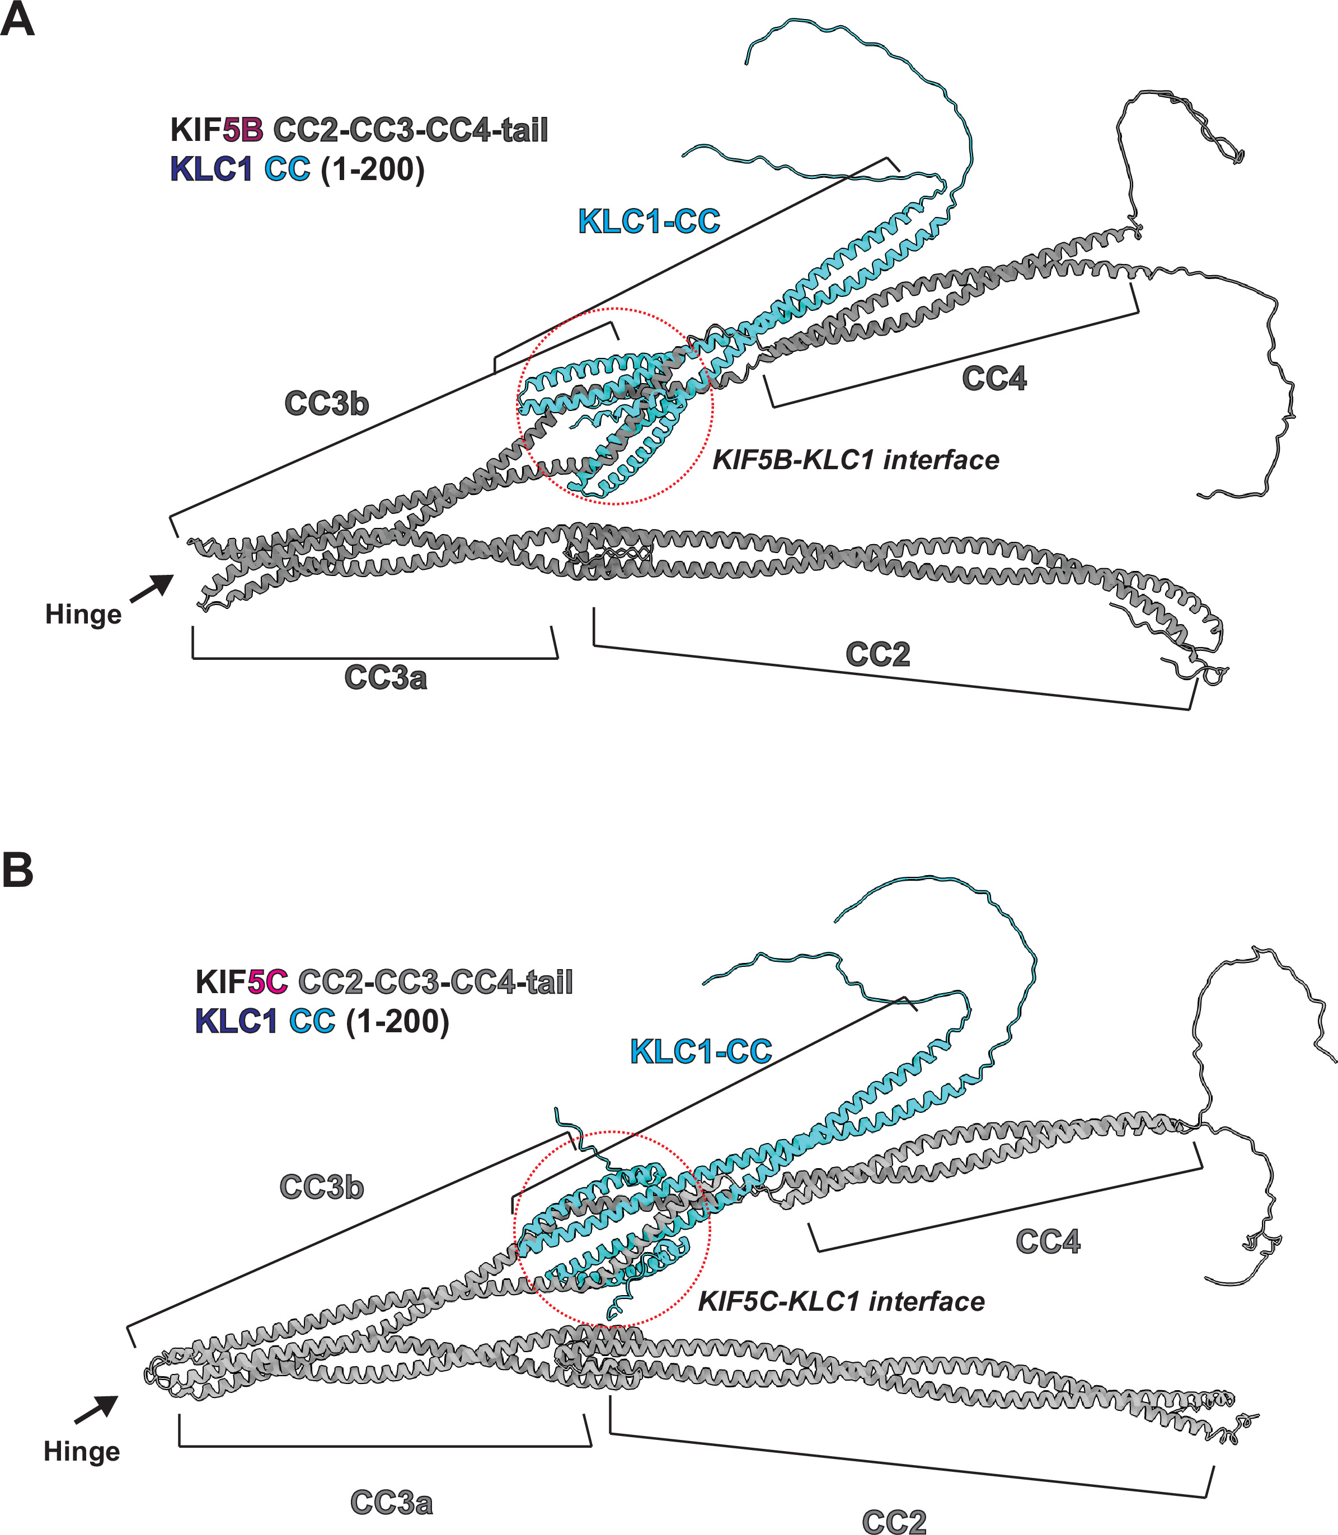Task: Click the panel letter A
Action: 18,20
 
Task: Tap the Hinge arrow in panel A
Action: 152,588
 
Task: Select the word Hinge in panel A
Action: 83,615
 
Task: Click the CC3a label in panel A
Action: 385,678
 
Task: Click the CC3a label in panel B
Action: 391,1503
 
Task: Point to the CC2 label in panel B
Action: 894,1522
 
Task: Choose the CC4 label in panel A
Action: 994,379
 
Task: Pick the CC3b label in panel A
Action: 326,404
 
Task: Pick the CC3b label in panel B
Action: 321,1187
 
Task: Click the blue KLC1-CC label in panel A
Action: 649,221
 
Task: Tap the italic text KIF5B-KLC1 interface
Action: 856,460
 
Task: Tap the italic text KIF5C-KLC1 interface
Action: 842,1301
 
